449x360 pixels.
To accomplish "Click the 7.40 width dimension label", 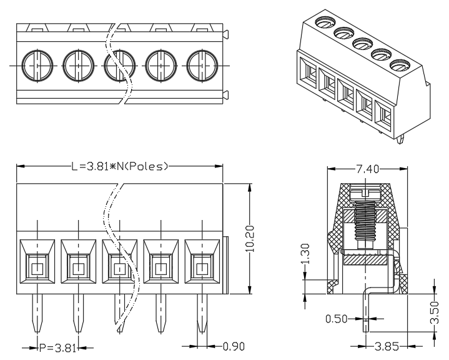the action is [x=367, y=169].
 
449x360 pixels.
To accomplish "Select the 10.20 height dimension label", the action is [x=250, y=239].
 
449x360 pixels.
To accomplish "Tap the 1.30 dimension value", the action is [x=305, y=254].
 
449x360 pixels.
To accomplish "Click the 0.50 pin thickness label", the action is [x=337, y=319].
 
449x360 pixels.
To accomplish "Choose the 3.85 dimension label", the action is [x=387, y=346].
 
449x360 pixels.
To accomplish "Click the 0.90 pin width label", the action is [x=234, y=346].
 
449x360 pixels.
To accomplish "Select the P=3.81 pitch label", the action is [x=58, y=348].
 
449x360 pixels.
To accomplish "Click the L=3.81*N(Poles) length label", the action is [x=119, y=166].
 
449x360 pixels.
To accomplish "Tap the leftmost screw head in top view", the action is [x=37, y=66].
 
